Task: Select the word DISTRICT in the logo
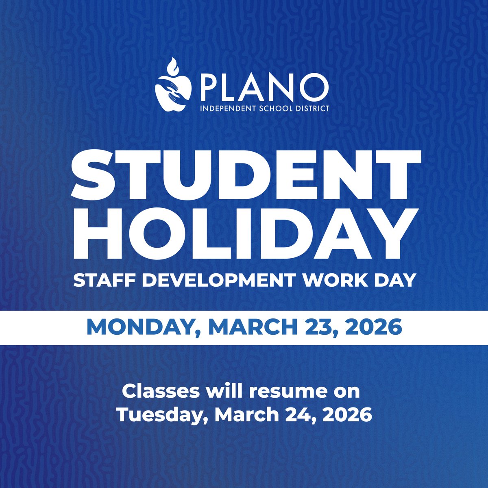pyautogui.click(x=313, y=109)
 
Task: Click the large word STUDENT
pyautogui.click(x=244, y=175)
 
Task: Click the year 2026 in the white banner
pyautogui.click(x=370, y=327)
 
